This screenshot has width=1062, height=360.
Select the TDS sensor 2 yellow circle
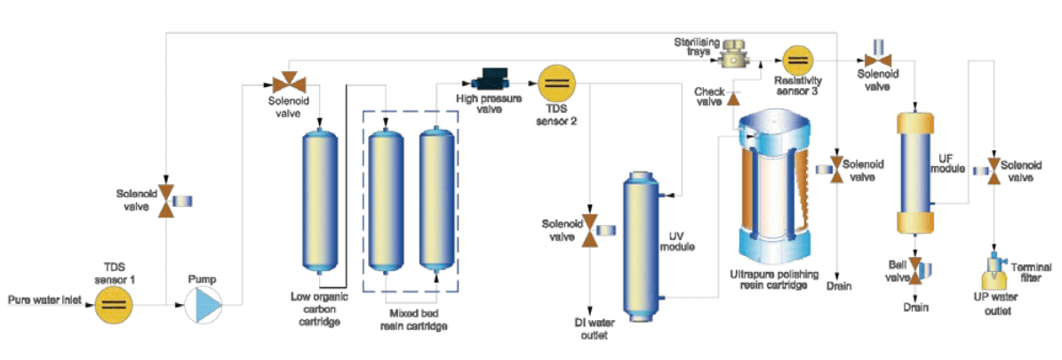[x=557, y=84]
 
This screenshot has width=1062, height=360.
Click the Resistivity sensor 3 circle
[x=796, y=60]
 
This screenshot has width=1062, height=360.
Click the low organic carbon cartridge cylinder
[x=320, y=199]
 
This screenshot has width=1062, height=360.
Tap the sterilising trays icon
[x=733, y=52]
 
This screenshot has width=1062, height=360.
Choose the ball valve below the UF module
[x=914, y=268]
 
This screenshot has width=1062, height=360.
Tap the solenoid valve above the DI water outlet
[x=588, y=233]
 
